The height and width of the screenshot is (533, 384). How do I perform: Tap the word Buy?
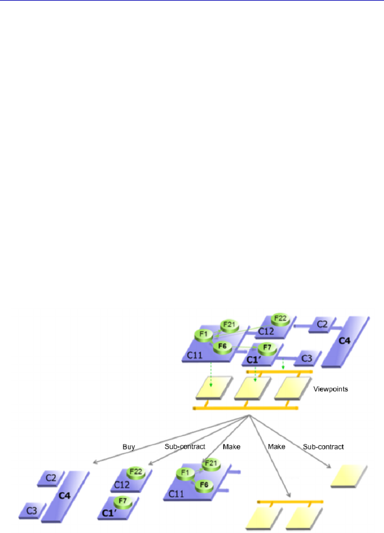[129, 446]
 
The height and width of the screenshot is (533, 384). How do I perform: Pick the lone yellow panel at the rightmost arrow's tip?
[349, 476]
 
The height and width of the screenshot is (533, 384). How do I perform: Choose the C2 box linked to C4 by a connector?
[321, 325]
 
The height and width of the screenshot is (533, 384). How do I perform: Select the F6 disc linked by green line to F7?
[222, 346]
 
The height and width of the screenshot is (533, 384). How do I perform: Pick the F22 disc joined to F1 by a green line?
[280, 319]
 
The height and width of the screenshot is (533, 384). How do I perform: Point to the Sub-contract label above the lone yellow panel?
[323, 446]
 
